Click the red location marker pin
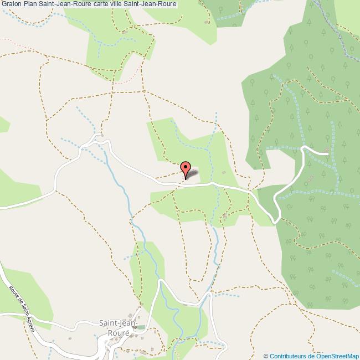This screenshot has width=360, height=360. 187,168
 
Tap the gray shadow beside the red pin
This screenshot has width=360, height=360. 192,175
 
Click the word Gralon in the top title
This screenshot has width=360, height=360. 11,4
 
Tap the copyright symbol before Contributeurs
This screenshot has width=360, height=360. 266,356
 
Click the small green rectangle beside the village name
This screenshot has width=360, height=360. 141,327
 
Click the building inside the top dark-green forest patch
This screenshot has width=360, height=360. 208,23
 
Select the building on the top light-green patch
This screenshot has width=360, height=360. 125,32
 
